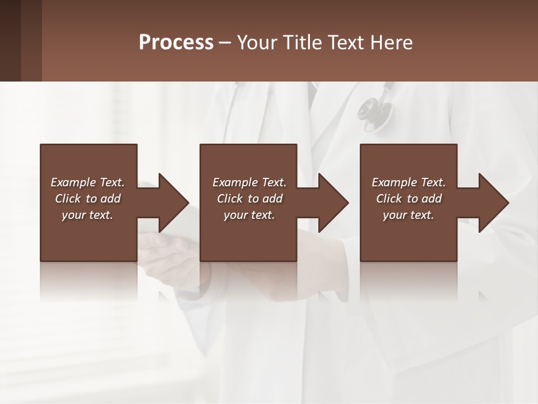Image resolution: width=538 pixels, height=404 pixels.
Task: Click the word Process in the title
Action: pyautogui.click(x=176, y=43)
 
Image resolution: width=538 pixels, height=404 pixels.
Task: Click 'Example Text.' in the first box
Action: pyautogui.click(x=87, y=182)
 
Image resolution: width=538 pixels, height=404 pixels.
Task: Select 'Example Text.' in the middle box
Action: pyautogui.click(x=249, y=182)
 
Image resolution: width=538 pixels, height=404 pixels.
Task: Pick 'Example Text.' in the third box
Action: pyautogui.click(x=409, y=182)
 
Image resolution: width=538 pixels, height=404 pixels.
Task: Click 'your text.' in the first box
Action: pyautogui.click(x=87, y=215)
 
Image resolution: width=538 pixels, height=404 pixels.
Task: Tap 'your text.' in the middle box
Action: pyautogui.click(x=249, y=215)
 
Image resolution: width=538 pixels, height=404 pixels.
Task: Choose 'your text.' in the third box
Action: pyautogui.click(x=409, y=215)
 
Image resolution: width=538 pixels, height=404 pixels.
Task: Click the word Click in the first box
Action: pyautogui.click(x=68, y=199)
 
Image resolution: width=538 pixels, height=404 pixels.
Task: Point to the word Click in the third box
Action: pyautogui.click(x=389, y=199)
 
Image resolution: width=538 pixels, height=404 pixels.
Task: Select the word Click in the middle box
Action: pyautogui.click(x=230, y=199)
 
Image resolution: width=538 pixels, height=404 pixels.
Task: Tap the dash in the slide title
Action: pyautogui.click(x=225, y=43)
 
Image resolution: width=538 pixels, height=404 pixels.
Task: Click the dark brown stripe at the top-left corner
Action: pyautogui.click(x=10, y=40)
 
